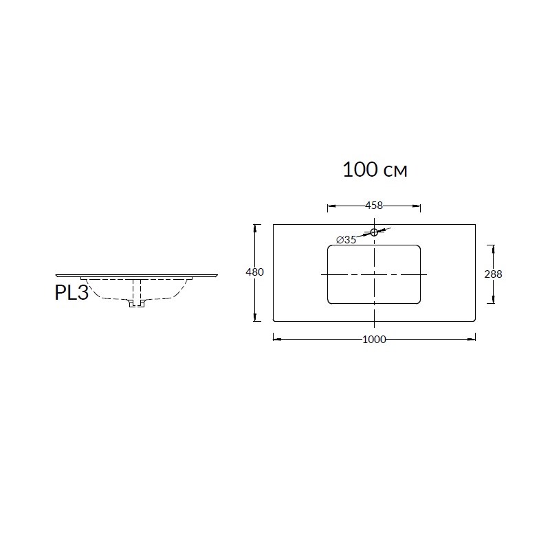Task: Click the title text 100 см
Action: tap(375, 170)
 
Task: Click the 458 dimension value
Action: tap(374, 205)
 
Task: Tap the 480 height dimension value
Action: tap(255, 272)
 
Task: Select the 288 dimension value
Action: tap(493, 274)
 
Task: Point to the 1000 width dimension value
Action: tap(374, 338)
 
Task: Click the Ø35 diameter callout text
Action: tap(346, 240)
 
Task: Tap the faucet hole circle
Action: tap(374, 232)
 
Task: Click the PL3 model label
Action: tap(71, 293)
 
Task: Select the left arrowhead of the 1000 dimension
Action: tap(276, 338)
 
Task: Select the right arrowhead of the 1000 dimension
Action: tap(474, 338)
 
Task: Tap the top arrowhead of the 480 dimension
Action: tap(257, 226)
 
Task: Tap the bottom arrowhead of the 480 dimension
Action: tap(257, 318)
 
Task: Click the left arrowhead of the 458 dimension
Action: tap(329, 205)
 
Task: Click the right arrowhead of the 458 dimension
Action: tap(418, 205)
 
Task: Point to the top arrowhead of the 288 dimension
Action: tap(491, 247)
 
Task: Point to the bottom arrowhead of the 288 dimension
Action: tap(491, 300)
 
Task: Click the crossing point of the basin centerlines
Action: tap(374, 274)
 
